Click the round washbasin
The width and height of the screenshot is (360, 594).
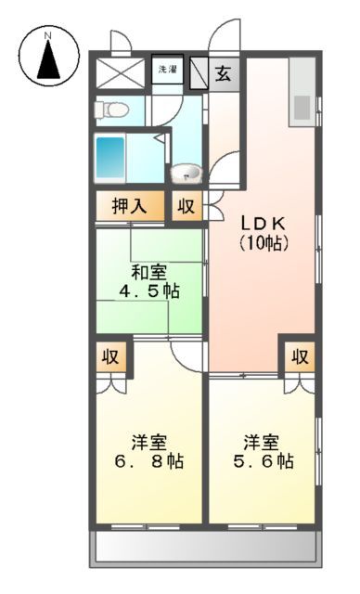[x=186, y=174]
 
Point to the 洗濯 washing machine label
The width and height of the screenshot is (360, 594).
[x=167, y=70]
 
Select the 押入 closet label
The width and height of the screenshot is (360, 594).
[x=131, y=206]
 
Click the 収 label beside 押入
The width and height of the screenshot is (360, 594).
[x=186, y=207]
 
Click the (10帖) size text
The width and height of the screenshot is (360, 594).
[x=264, y=243]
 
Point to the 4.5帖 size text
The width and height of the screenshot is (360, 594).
[x=148, y=291]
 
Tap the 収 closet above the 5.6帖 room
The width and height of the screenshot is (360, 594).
[x=298, y=355]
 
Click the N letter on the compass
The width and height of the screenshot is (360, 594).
[x=48, y=37]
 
